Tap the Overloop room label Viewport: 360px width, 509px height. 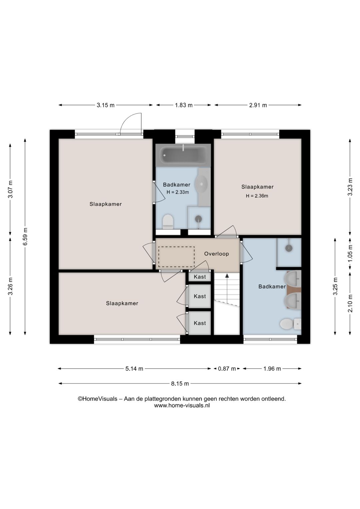(x=216, y=254)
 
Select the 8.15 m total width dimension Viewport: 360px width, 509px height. (x=180, y=384)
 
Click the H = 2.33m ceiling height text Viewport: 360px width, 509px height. (x=178, y=192)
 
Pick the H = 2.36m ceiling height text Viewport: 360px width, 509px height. (x=257, y=196)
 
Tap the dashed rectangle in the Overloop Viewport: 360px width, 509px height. (x=176, y=257)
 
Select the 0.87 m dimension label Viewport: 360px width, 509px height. (x=227, y=369)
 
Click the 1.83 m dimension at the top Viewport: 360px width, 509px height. (x=184, y=105)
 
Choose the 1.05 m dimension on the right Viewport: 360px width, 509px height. (x=351, y=253)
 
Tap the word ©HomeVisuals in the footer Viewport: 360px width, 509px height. (x=98, y=399)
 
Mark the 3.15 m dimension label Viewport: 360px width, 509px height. (x=106, y=105)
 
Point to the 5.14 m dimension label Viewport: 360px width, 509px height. (x=134, y=369)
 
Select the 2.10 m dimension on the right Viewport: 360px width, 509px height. (x=351, y=303)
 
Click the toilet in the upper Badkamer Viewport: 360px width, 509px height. (x=168, y=221)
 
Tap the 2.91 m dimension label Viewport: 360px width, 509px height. (x=258, y=105)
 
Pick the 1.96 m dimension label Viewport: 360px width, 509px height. (x=272, y=369)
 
